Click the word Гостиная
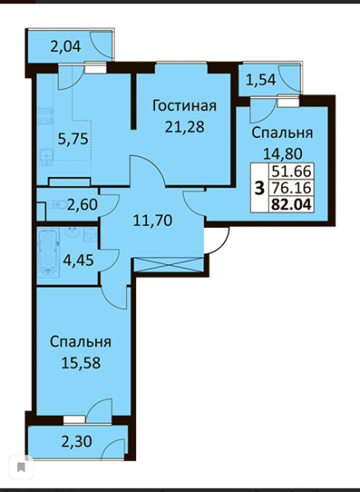click(185, 106)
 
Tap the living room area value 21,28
click(185, 127)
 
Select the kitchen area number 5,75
click(73, 139)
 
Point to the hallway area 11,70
click(153, 221)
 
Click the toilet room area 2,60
click(82, 205)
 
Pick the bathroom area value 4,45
click(78, 260)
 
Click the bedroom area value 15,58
click(80, 363)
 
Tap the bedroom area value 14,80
click(282, 154)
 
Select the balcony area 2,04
click(66, 47)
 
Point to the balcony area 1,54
click(261, 80)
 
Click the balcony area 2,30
click(76, 442)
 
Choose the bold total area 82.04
click(292, 205)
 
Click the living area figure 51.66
click(291, 171)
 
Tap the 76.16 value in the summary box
click(291, 189)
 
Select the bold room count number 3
click(260, 189)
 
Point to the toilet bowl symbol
click(57, 205)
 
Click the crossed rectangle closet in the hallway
click(169, 265)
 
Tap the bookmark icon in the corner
click(21, 467)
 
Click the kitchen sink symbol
click(46, 157)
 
